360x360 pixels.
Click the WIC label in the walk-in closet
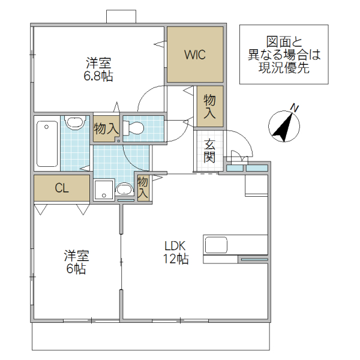click(195, 55)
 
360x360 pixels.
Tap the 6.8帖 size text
click(99, 76)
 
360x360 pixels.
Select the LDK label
click(176, 246)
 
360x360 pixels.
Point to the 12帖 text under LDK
click(176, 259)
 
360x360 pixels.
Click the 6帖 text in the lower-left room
click(76, 269)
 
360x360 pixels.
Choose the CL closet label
click(62, 188)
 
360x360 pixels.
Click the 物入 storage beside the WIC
click(209, 106)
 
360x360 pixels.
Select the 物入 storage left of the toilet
click(106, 128)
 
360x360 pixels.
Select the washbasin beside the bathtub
click(74, 122)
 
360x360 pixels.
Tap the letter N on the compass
click(295, 108)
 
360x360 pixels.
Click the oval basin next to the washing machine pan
click(125, 190)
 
